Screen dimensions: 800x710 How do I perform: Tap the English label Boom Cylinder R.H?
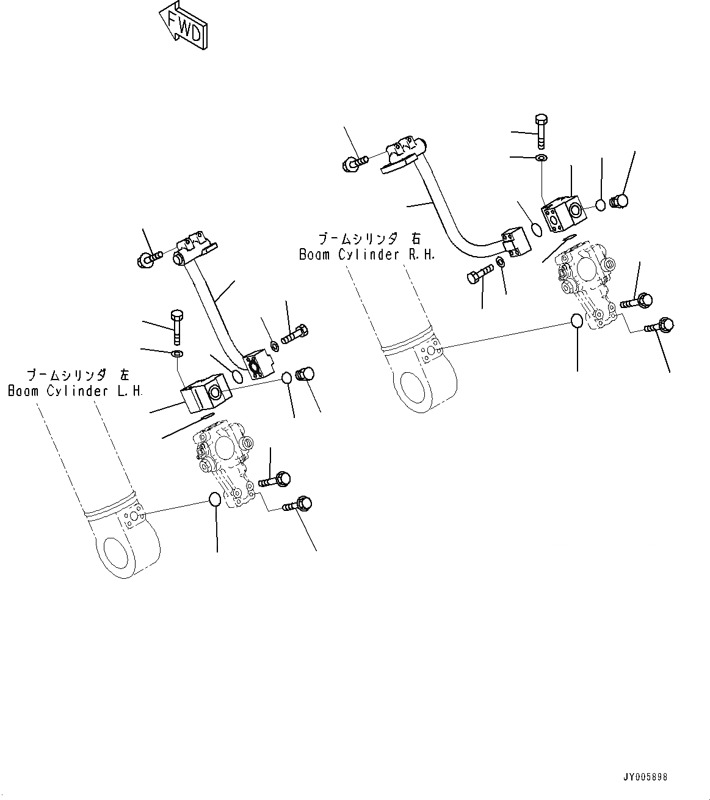pyautogui.click(x=367, y=255)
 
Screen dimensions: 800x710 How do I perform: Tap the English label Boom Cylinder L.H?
pyautogui.click(x=75, y=391)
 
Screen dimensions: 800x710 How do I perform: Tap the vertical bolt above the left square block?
pyautogui.click(x=176, y=326)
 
